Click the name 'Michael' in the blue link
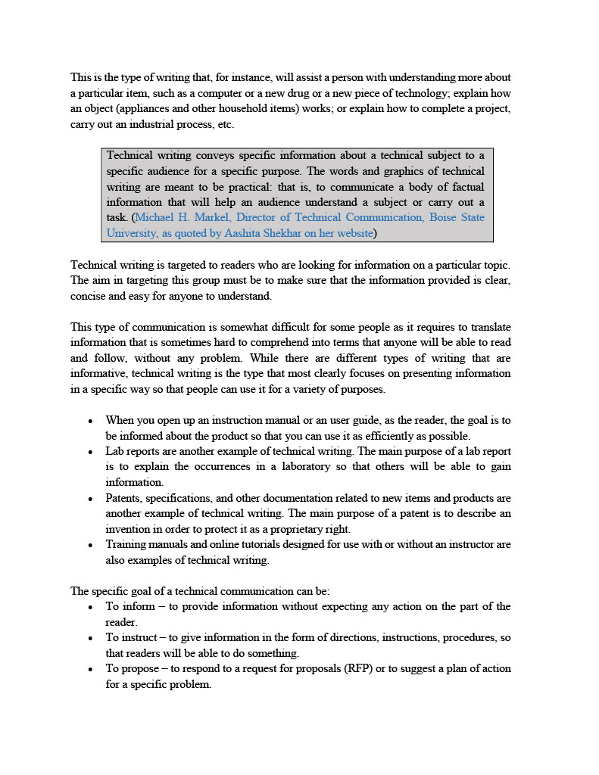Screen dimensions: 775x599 click(158, 217)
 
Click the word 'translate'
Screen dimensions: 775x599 click(489, 327)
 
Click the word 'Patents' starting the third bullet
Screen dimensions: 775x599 click(123, 498)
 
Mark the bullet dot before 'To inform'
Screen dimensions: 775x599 click(90, 608)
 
